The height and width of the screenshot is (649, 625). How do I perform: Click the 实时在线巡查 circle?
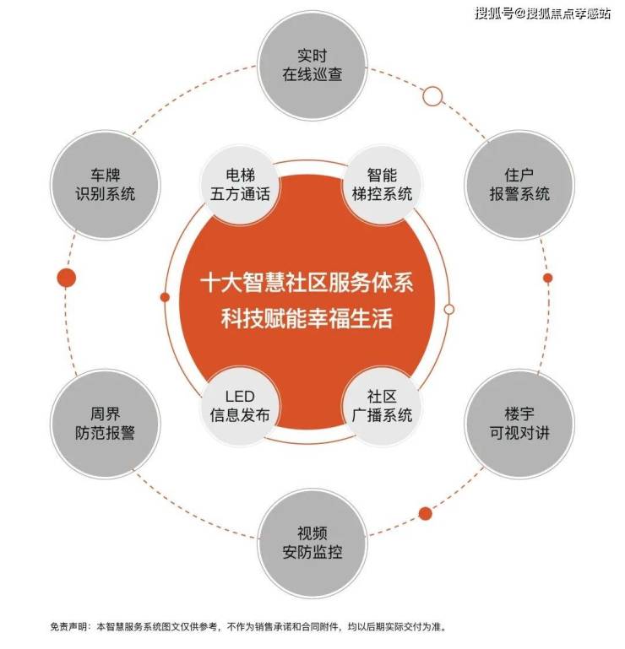click(x=312, y=65)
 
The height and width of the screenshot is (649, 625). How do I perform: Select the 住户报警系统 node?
click(x=519, y=185)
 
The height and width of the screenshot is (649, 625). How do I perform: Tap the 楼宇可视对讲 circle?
click(x=519, y=424)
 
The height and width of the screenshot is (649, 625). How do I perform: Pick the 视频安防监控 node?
click(x=312, y=543)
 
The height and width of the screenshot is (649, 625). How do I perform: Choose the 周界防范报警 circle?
click(x=106, y=424)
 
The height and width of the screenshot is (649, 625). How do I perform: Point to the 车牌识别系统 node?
click(x=106, y=185)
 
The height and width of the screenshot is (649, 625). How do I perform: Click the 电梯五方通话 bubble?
click(x=240, y=185)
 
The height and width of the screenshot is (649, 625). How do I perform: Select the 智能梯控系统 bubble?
click(x=382, y=185)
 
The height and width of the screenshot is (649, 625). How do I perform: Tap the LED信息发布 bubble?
click(x=240, y=406)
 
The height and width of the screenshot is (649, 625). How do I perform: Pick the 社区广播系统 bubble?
click(x=382, y=406)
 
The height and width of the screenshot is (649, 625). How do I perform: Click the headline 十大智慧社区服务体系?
click(x=307, y=283)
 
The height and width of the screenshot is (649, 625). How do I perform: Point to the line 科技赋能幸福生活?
click(x=307, y=318)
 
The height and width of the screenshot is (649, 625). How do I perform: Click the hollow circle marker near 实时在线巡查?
click(x=432, y=96)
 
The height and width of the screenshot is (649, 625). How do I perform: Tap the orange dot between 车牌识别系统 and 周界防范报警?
click(x=67, y=278)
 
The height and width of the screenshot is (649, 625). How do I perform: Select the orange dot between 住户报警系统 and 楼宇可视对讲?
click(x=547, y=278)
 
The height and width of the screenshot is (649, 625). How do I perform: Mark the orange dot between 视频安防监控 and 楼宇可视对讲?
click(x=425, y=514)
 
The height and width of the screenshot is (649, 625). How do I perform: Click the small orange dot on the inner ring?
click(x=165, y=297)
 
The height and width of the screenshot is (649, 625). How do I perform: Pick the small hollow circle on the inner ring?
click(x=449, y=309)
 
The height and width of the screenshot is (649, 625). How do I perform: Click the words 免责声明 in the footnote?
click(x=68, y=627)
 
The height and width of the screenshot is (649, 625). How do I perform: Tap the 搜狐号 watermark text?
click(x=494, y=14)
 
